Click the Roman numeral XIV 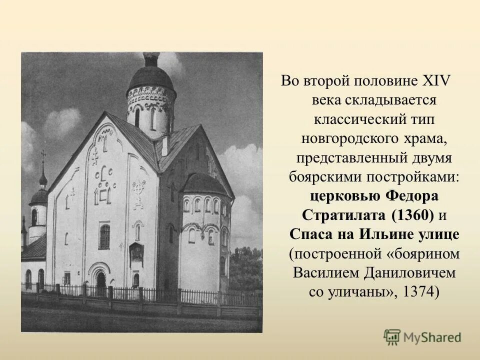(x=437, y=80)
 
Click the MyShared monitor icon (x=391, y=337)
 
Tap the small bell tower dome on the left (x=39, y=195)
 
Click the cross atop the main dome (x=150, y=55)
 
